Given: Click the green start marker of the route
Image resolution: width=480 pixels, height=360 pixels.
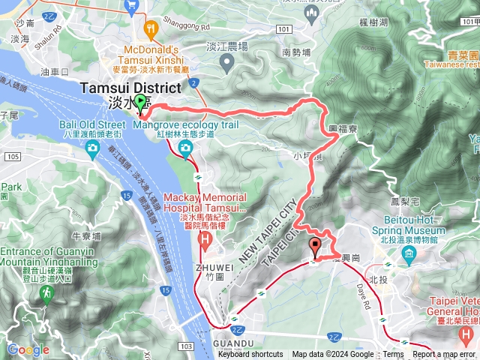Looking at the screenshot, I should (x=140, y=104).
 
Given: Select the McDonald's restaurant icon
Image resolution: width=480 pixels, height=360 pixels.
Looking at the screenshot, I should (x=151, y=31).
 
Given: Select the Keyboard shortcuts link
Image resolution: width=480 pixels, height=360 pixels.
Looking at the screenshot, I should (x=250, y=355).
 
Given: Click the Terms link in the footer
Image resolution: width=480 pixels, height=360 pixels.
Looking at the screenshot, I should (x=392, y=355).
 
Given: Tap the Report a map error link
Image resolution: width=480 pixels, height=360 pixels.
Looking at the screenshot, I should (x=444, y=355).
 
